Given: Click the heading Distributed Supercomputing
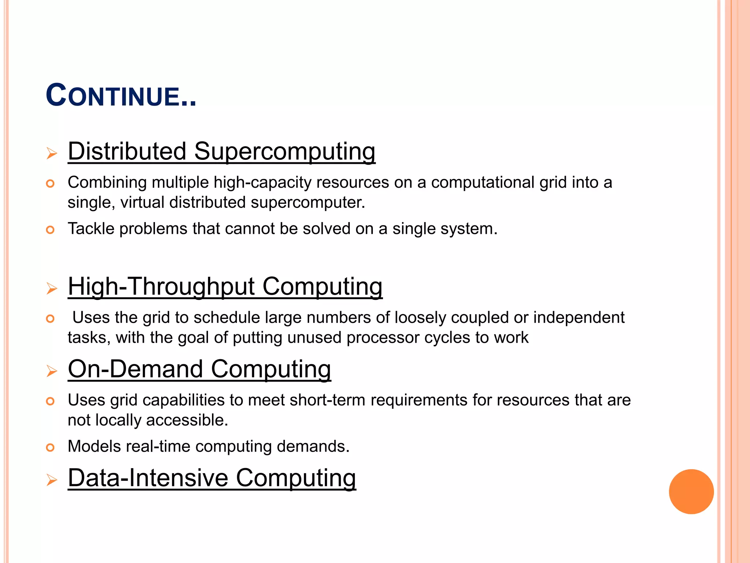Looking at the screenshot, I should (222, 151).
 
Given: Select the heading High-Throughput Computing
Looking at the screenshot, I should (225, 286).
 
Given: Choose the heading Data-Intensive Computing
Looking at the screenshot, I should (212, 478).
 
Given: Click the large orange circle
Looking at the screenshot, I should (691, 492).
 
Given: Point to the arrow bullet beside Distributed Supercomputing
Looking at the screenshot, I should (52, 153).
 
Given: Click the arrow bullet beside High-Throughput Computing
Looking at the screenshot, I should (52, 288).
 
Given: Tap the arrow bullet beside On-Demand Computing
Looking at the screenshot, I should (52, 371).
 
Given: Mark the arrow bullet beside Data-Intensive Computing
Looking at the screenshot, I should (52, 480).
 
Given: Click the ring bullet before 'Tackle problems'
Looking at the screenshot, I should (50, 230).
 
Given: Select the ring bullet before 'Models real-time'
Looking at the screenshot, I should (50, 447).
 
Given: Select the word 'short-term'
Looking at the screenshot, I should (327, 400).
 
